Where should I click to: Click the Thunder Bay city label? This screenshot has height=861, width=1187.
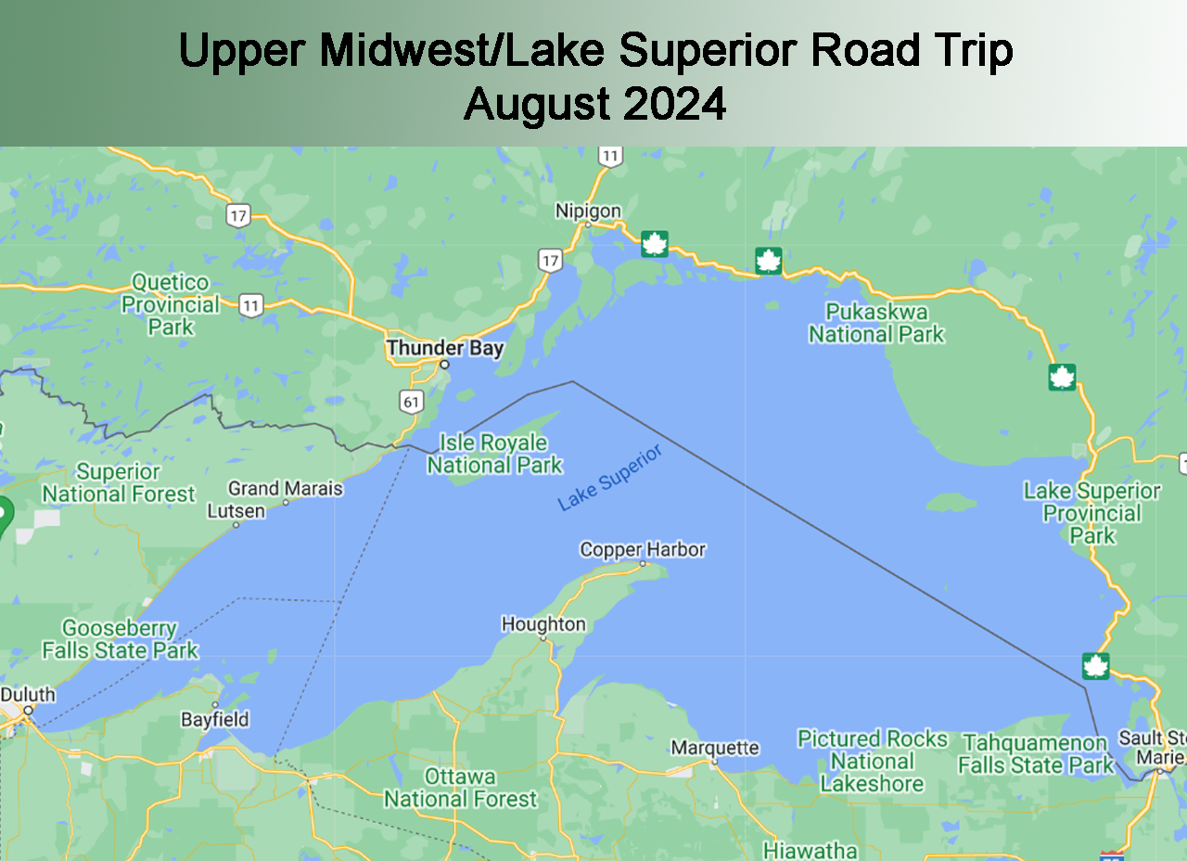point(445,348)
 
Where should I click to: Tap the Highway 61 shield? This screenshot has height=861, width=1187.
point(412,401)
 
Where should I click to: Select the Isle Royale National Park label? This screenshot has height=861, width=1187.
point(494,454)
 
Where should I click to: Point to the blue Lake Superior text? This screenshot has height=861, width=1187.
point(610,478)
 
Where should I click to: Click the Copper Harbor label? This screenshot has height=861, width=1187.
point(643,549)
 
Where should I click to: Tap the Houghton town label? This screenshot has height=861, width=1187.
point(543,624)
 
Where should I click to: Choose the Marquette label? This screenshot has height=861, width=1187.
point(715,748)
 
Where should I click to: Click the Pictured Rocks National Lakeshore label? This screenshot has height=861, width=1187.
point(873,761)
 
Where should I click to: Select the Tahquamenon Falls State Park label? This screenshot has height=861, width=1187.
point(1036,754)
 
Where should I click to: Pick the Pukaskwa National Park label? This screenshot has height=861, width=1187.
point(876,323)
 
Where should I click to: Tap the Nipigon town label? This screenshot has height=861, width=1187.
point(588,211)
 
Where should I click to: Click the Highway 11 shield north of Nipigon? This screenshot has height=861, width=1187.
point(609,156)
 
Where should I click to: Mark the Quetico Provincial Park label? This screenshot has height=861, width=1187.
point(171,304)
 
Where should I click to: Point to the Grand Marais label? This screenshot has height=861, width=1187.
point(286,488)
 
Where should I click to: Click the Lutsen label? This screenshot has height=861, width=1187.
point(236,511)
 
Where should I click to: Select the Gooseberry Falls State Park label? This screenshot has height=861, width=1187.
point(120,639)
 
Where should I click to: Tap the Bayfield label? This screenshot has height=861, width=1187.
point(215,719)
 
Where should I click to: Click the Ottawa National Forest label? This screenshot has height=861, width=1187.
point(460,788)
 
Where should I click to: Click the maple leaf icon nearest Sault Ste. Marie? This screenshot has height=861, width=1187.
point(1095,666)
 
